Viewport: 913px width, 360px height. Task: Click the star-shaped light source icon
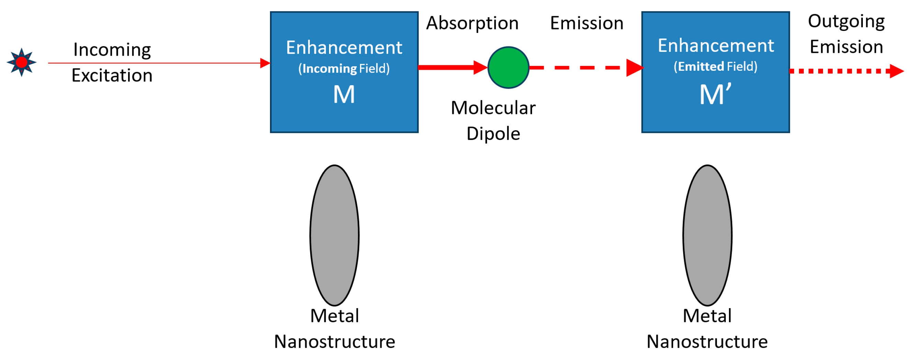click(21, 63)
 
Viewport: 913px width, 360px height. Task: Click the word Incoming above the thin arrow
click(112, 49)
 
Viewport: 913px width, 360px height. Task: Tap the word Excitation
click(112, 76)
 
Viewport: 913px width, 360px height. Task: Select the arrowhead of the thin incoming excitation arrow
click(265, 63)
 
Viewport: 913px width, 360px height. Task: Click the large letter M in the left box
click(344, 94)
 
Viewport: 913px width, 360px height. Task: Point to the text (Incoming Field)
click(344, 68)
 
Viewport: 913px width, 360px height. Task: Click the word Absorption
click(472, 23)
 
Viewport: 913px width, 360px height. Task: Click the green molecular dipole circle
click(508, 67)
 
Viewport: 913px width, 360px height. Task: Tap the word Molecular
click(493, 108)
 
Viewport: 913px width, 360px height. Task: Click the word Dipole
click(493, 134)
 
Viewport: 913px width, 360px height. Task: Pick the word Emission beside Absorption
click(587, 23)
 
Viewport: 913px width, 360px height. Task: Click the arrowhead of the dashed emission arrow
click(634, 67)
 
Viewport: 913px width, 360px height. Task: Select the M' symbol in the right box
click(715, 94)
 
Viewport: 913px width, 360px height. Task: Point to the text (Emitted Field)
click(715, 67)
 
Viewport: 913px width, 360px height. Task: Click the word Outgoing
click(846, 21)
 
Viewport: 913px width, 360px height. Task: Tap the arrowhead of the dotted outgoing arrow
click(897, 71)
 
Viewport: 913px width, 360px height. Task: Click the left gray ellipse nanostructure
click(334, 235)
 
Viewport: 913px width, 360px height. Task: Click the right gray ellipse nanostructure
click(707, 235)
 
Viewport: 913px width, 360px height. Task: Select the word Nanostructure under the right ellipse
click(707, 341)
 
